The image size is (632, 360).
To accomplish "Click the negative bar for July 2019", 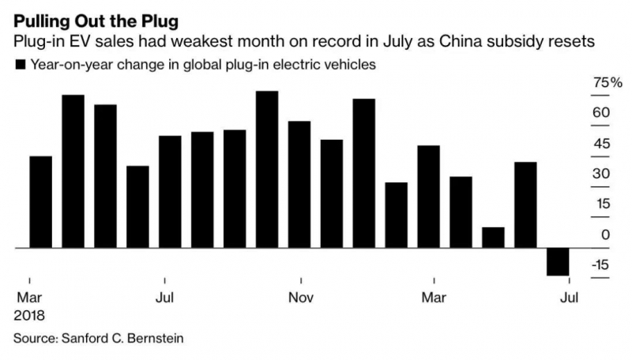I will [558, 261].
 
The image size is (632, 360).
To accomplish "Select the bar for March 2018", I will [40, 202].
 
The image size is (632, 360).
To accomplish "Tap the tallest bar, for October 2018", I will [267, 170].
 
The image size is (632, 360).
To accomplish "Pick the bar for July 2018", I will [170, 192].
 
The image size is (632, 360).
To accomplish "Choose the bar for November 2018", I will [299, 185].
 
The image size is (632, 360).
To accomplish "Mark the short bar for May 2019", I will [493, 238].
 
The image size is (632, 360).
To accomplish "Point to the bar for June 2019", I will [525, 204].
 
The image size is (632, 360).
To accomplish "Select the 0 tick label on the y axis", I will [605, 234].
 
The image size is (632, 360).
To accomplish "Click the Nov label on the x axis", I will [301, 298].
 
